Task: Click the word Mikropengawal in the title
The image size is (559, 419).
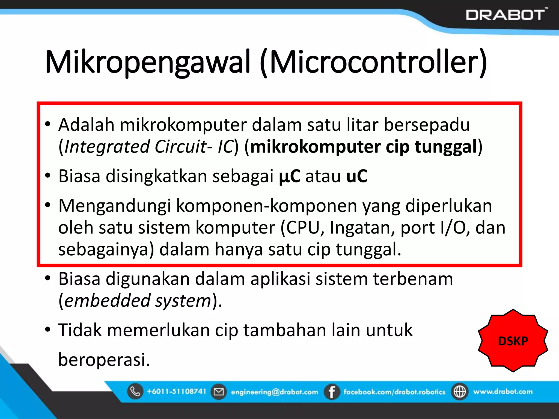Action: coord(147,62)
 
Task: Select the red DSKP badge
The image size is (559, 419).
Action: coord(513,341)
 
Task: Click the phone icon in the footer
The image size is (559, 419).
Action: coord(135,391)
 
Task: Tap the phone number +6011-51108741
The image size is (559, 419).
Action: coord(176,391)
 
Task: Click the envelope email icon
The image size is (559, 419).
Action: coord(218,392)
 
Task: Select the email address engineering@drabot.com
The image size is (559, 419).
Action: coord(274,392)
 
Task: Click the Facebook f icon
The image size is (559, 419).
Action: coord(332,392)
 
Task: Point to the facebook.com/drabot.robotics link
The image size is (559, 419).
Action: coord(394,392)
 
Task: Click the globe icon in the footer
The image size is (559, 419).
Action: coord(460,392)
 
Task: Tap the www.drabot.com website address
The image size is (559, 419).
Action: coord(503,392)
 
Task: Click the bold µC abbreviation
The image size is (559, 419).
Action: coord(290,176)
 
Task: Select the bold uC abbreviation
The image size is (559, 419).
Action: coord(357,176)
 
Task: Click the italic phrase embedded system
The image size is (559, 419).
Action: coord(138,301)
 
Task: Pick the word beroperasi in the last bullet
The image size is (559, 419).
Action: coord(104,360)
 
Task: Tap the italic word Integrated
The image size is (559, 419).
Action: coord(107,147)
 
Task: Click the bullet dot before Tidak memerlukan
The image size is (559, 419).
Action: coord(48,329)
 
